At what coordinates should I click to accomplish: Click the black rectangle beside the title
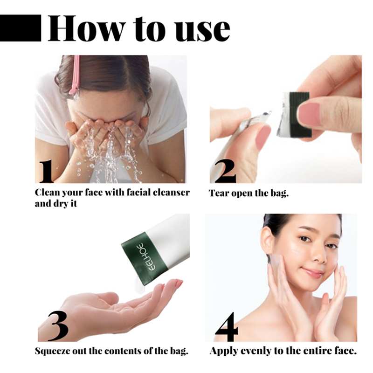21,28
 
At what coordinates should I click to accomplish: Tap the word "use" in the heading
202,31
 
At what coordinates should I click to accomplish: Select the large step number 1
46,172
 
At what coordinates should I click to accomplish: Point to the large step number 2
225,171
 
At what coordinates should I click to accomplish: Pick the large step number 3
58,326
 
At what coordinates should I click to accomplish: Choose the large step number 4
227,327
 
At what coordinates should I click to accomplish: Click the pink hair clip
75,76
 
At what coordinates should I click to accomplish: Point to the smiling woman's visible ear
268,240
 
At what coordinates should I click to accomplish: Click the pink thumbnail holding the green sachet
309,115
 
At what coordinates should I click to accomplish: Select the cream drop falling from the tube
138,286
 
